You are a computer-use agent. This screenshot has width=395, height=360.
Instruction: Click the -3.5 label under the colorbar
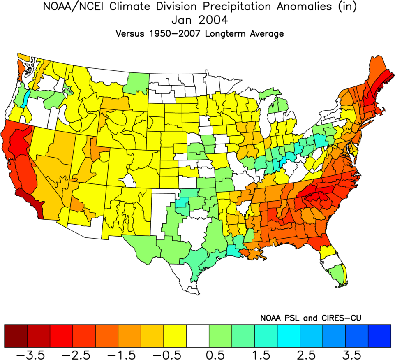tap(39, 354)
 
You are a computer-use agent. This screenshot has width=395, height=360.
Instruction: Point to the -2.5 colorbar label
tap(84, 354)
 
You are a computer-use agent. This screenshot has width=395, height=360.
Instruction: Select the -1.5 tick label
tap(129, 354)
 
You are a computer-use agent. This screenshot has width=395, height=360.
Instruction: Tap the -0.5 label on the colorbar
tap(175, 354)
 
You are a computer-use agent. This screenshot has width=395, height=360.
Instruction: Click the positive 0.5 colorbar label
tap(220, 354)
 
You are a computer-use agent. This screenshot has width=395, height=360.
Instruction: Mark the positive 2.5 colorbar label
tap(311, 354)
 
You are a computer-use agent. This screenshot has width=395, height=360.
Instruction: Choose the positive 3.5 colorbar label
tap(356, 354)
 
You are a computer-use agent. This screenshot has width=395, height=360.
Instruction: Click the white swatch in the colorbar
tap(198, 336)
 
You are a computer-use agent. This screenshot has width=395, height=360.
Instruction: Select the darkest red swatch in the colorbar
tap(16, 336)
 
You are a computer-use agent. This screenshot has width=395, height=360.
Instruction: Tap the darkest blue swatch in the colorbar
tap(379, 336)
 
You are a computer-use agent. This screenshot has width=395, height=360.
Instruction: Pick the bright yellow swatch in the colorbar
tap(175, 336)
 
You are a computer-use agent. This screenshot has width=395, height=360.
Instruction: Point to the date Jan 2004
tap(197, 21)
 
